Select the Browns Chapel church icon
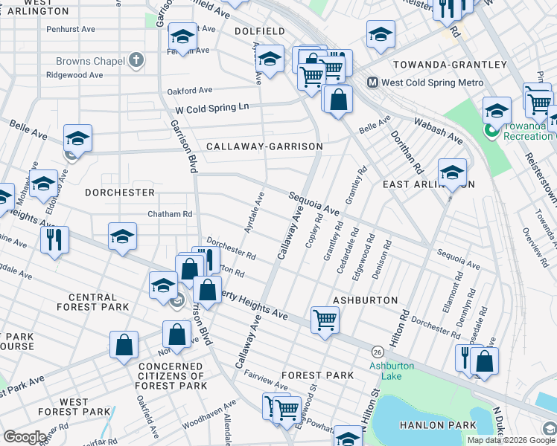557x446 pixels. (x=135, y=59)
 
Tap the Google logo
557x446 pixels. (x=24, y=437)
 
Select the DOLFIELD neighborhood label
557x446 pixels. (x=259, y=31)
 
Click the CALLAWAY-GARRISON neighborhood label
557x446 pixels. (x=264, y=146)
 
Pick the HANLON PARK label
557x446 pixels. (x=447, y=424)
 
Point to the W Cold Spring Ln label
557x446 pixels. (x=211, y=109)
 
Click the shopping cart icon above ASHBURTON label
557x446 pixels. (x=325, y=320)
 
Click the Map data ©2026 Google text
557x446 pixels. (x=511, y=440)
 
